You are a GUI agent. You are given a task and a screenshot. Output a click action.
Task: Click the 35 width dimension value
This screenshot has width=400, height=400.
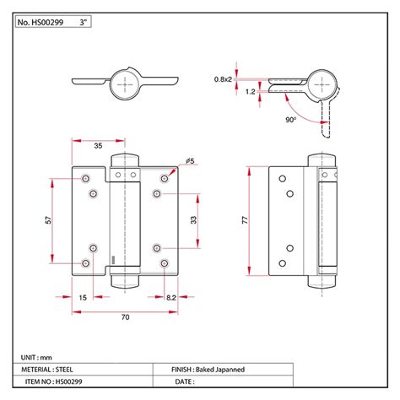(x=99, y=145)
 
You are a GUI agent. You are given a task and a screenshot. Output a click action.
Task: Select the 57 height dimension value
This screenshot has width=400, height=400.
(x=49, y=221)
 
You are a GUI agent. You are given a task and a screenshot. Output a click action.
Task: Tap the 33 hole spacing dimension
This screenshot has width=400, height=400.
(x=195, y=221)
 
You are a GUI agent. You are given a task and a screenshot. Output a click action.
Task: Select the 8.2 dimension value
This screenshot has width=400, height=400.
(x=170, y=298)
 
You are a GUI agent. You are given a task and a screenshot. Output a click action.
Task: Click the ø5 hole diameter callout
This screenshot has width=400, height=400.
(x=190, y=160)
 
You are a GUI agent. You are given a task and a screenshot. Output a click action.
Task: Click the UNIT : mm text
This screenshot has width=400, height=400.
(x=35, y=358)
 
